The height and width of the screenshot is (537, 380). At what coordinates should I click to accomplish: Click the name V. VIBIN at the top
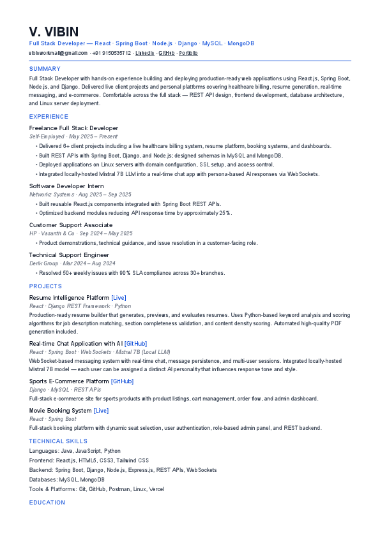coord(54,32)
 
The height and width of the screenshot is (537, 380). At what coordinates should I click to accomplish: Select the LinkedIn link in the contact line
coord(145,53)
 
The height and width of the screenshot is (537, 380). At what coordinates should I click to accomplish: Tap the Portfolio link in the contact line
coord(188,53)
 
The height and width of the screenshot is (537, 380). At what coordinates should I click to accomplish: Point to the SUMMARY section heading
coord(45,69)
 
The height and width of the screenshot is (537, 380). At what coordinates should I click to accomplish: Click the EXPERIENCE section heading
coord(49,117)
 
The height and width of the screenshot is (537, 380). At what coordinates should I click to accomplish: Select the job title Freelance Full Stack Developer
coord(73,128)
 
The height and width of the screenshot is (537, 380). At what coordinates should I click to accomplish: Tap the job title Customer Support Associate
coord(71,225)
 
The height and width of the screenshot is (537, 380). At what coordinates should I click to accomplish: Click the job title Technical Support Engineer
coord(69,255)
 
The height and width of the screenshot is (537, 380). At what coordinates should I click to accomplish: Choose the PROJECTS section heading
coord(45,286)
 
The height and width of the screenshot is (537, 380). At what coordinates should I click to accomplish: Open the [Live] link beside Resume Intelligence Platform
coord(119,298)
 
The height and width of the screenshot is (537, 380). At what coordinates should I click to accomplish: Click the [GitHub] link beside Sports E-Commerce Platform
coord(122,381)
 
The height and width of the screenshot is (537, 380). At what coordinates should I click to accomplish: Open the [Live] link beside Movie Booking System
coord(101,411)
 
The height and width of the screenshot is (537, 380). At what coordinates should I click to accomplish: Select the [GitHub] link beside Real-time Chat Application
coord(135,344)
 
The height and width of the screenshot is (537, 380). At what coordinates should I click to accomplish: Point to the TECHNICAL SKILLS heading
coord(56,441)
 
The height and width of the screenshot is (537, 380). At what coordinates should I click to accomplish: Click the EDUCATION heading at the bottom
coord(47,503)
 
